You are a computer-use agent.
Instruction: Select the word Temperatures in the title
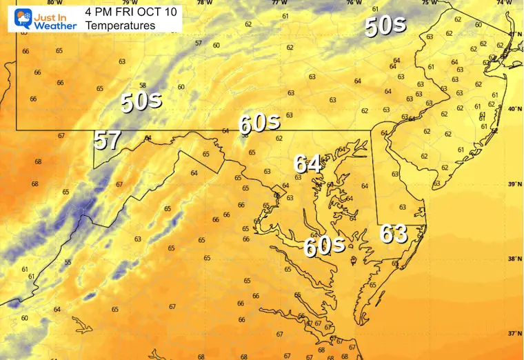point(121,26)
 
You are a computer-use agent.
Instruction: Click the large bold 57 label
point(108,141)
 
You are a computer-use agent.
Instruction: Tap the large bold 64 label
point(308,164)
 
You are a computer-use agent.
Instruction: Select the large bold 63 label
point(394,234)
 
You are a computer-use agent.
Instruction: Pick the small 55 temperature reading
point(68,262)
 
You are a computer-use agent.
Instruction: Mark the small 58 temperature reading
point(142,85)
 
